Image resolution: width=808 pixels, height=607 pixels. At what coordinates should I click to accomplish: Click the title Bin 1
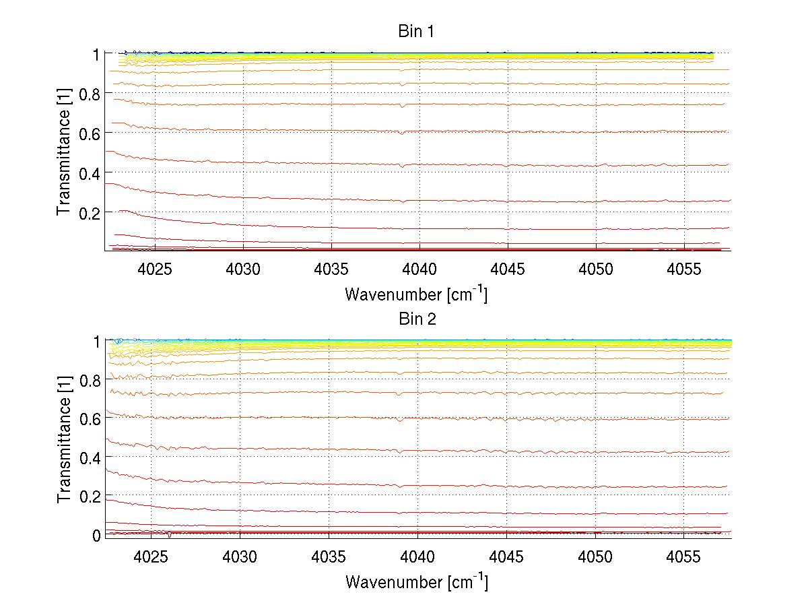click(x=416, y=32)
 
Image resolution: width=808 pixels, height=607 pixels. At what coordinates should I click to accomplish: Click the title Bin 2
click(x=416, y=319)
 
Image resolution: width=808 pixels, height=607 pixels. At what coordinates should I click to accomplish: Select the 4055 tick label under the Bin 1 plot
click(x=684, y=268)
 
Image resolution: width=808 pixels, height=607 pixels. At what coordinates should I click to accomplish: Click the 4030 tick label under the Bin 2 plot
click(x=240, y=556)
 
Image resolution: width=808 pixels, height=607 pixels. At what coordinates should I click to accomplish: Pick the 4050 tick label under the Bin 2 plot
click(x=595, y=556)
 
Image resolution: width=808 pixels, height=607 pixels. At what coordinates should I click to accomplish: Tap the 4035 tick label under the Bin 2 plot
click(x=329, y=556)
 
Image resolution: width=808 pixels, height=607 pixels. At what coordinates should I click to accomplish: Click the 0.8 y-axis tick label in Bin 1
click(x=88, y=94)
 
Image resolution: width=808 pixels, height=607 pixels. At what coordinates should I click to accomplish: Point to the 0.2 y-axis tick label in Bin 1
click(x=88, y=212)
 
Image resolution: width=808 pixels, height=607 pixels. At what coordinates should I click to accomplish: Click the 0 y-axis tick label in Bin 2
click(x=96, y=535)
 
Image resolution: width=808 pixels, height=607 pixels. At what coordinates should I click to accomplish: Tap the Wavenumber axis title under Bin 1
click(x=416, y=294)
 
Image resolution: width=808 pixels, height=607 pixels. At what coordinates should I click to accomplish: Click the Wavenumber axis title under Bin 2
click(x=416, y=581)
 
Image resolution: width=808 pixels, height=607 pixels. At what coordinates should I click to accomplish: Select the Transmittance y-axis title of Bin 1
click(x=64, y=152)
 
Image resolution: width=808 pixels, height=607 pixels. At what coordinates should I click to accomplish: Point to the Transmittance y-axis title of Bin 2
click(x=64, y=440)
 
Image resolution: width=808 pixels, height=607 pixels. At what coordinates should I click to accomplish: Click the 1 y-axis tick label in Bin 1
click(x=96, y=54)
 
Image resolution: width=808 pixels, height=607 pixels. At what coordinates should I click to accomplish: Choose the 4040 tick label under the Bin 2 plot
click(x=417, y=556)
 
